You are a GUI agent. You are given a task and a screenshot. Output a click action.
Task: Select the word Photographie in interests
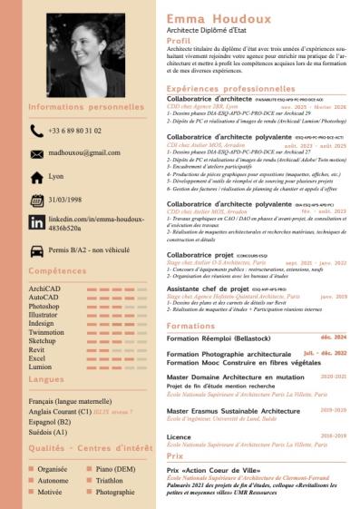(115, 492)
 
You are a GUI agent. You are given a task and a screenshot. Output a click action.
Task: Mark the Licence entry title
(179, 436)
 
